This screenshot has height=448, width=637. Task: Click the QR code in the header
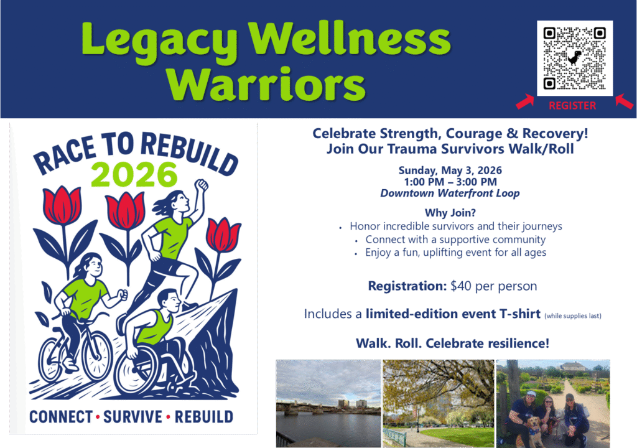tap(574, 58)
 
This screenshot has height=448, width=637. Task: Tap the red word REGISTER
tap(572, 106)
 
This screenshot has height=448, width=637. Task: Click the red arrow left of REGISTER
tap(525, 101)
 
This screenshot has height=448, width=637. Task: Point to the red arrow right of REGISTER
tap(624, 101)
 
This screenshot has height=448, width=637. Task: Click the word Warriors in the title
tap(266, 84)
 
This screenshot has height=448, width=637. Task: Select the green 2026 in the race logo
tap(134, 174)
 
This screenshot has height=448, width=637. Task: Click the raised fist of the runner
tap(201, 185)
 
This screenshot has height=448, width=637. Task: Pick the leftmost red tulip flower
tap(62, 205)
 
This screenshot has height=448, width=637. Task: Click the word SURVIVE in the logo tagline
tap(133, 417)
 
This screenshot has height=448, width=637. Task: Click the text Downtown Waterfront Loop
tap(450, 193)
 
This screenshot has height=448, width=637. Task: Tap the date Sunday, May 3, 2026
tap(450, 170)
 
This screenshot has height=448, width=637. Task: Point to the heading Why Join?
tap(450, 213)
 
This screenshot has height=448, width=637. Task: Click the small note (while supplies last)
tap(573, 316)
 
